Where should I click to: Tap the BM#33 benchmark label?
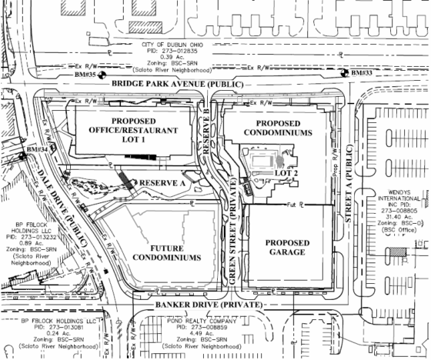(361, 73)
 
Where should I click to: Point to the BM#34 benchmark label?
(35, 148)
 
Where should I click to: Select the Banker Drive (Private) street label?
(202, 304)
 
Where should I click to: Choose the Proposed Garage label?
(285, 246)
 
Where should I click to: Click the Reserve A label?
(161, 184)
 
